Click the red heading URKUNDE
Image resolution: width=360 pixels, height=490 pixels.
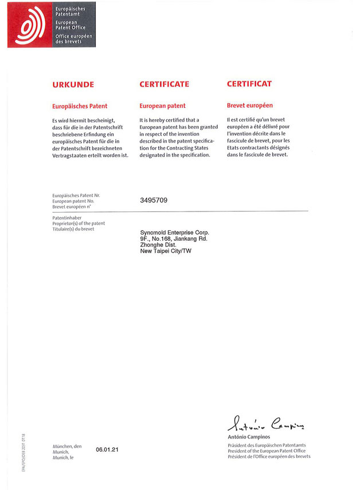[x=73, y=84]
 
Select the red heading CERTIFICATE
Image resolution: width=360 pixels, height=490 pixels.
[x=164, y=84]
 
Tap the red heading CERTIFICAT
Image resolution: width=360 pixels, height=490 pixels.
[x=249, y=84]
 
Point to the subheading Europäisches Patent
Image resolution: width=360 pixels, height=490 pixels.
[x=80, y=106]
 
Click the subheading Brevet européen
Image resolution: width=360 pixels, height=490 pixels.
[x=250, y=106]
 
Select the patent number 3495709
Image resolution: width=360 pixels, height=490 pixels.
[x=154, y=201]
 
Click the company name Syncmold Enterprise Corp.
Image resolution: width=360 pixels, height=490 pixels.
[x=175, y=232]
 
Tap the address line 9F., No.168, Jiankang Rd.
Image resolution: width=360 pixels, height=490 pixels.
[x=174, y=238]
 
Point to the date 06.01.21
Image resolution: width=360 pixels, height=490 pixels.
[x=107, y=450]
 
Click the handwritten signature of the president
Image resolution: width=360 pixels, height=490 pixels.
[x=266, y=424]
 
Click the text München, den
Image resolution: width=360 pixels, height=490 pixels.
[x=67, y=446]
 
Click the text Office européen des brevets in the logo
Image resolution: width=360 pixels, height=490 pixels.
[x=73, y=39]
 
